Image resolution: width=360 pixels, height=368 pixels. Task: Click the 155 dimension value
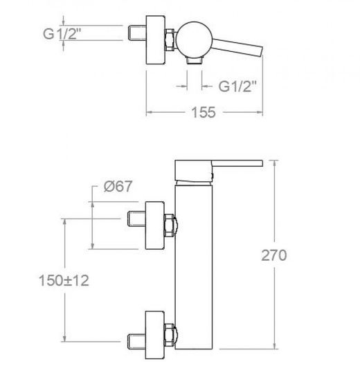(204, 112)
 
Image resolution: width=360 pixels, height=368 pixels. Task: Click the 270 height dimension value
(274, 255)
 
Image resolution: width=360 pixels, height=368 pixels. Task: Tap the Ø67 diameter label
(118, 186)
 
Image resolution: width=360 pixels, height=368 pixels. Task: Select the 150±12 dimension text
(64, 280)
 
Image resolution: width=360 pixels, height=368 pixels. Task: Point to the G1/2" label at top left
(62, 34)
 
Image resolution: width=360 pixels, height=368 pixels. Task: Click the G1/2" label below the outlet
(237, 86)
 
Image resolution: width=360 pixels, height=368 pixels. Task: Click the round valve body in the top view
(195, 40)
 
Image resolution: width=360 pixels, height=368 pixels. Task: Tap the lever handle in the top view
(237, 47)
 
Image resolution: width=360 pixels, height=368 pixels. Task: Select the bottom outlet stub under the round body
(195, 61)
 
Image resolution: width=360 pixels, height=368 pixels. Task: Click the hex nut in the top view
(170, 40)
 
